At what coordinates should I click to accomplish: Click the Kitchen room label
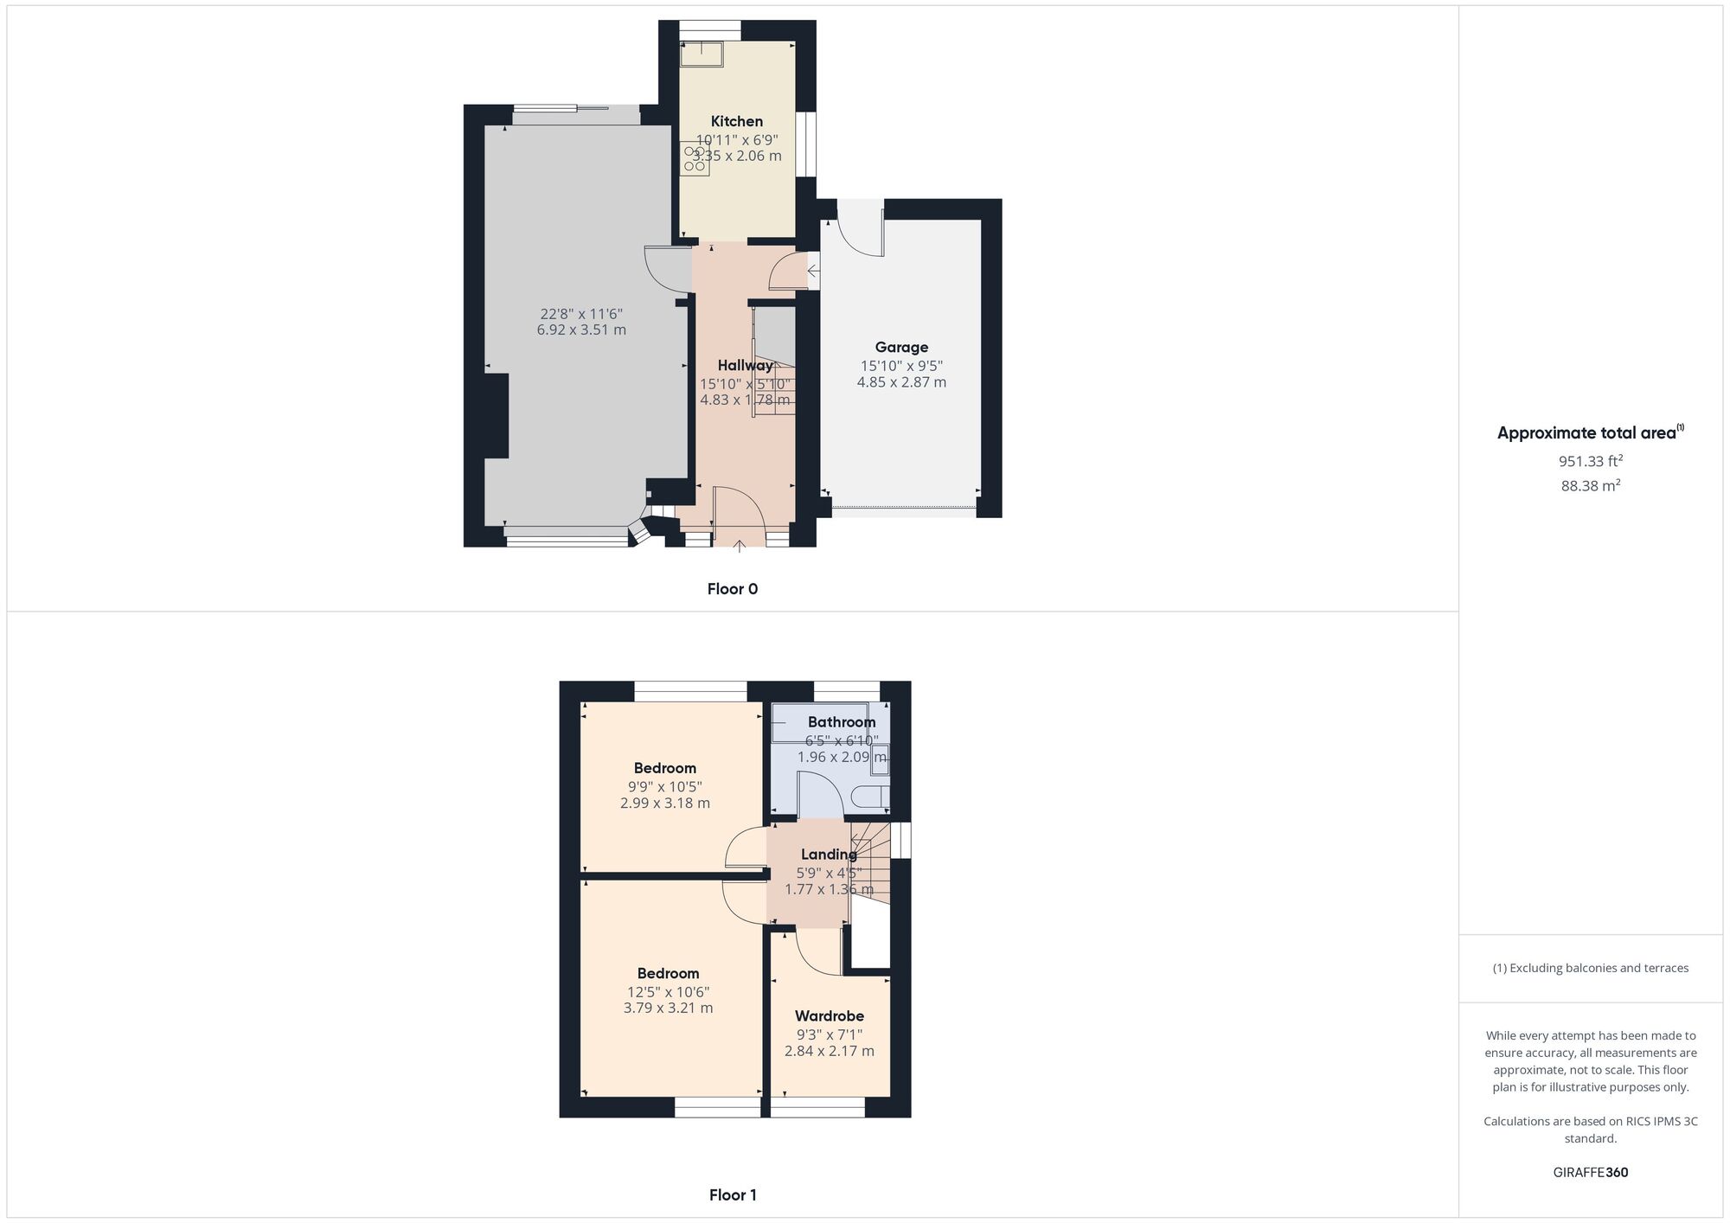point(737,121)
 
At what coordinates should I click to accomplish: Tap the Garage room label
point(901,347)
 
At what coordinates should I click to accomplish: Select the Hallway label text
point(745,365)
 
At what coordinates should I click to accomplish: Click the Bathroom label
point(842,722)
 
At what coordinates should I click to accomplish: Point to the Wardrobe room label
point(830,1015)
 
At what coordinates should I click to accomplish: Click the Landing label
point(829,855)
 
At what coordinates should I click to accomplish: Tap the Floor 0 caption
point(732,589)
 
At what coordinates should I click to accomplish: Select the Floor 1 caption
point(733,1195)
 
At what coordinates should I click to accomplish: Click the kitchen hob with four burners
point(695,159)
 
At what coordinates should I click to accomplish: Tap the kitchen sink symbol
point(702,54)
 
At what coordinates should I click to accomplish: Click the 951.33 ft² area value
point(1590,461)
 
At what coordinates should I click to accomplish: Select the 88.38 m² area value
point(1590,486)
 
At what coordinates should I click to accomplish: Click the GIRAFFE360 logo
point(1590,1173)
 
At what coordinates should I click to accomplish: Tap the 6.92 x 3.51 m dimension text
point(581,330)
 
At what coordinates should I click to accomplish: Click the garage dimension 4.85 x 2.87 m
point(901,382)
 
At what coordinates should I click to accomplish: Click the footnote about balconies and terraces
point(1590,968)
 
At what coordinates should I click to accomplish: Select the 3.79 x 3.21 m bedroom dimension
point(668,1008)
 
